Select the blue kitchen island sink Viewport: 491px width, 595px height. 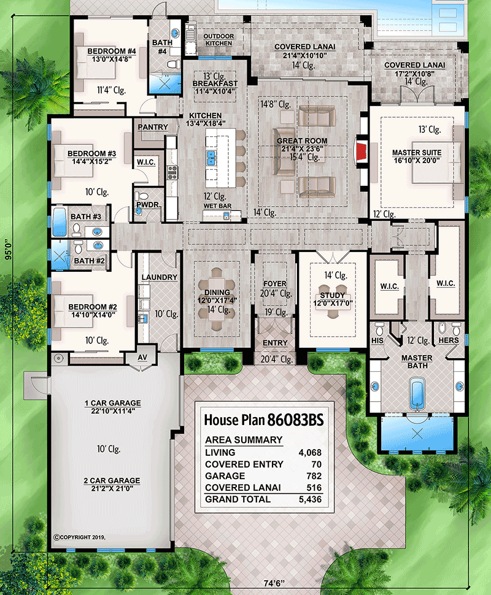(211, 159)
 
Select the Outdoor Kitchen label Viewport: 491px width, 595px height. (218, 40)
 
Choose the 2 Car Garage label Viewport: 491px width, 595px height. (112, 480)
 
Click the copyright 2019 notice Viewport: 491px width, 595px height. (80, 536)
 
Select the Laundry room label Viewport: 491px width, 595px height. (158, 277)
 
